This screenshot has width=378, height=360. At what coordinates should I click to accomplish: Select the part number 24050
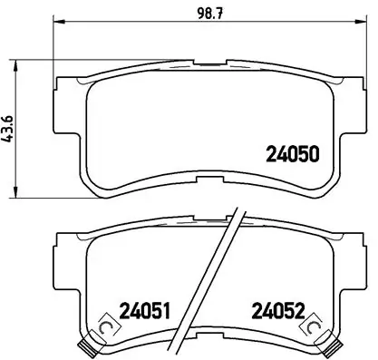pos(292,155)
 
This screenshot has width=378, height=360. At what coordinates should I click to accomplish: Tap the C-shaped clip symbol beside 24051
pos(105,326)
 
